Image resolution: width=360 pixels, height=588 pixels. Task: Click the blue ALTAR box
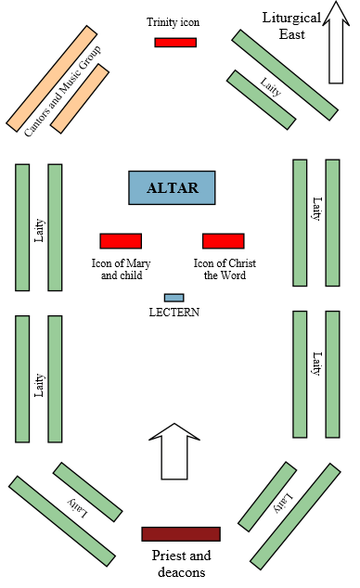point(172,187)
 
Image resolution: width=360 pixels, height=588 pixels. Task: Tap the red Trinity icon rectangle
point(175,42)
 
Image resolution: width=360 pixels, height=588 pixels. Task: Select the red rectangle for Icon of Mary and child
point(121,241)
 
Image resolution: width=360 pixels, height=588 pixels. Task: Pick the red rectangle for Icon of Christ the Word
point(224,241)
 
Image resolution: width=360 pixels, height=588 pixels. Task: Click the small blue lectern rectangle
point(174,298)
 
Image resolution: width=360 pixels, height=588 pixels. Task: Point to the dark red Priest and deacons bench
point(181,533)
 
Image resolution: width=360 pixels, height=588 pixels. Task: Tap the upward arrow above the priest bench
point(174,454)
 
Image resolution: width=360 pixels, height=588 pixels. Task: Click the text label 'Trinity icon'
point(173,21)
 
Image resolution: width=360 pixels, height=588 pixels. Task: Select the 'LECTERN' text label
point(174,313)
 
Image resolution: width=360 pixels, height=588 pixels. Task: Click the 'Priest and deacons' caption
point(182,563)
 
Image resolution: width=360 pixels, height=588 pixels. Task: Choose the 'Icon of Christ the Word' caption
point(225,269)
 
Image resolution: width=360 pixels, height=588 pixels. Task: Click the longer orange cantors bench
point(52,77)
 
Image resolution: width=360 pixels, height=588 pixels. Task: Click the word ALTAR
point(172,188)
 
